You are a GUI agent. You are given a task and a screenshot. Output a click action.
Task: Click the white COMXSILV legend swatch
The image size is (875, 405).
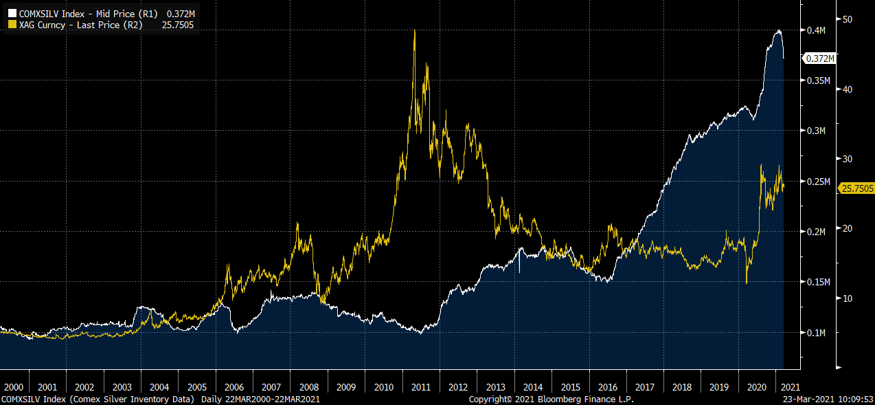click(x=12, y=13)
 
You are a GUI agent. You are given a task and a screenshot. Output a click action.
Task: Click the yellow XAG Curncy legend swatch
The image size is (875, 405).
click(x=12, y=25)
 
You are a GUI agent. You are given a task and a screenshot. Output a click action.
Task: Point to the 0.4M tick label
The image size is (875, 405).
click(x=816, y=30)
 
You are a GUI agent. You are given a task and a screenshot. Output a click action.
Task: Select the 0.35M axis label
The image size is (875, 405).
click(x=819, y=80)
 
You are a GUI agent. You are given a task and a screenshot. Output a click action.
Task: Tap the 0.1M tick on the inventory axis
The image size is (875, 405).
click(x=816, y=333)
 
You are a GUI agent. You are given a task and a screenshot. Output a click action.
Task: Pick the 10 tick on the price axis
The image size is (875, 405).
click(x=848, y=298)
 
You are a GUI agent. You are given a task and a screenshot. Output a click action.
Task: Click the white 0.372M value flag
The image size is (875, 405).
click(x=819, y=58)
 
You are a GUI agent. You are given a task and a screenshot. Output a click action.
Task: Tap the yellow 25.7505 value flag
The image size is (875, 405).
click(x=856, y=188)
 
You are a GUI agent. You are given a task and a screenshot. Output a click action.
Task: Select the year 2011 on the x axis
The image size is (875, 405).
click(x=421, y=387)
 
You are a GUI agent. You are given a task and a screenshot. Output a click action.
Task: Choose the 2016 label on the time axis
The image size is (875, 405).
click(x=609, y=387)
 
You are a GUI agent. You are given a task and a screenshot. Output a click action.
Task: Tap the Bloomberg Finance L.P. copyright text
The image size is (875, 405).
click(x=552, y=399)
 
